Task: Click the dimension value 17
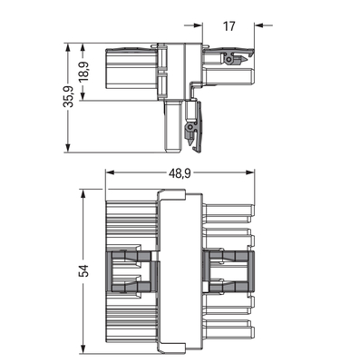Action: click(228, 26)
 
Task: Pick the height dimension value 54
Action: click(84, 270)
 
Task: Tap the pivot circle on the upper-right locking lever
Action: click(230, 60)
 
